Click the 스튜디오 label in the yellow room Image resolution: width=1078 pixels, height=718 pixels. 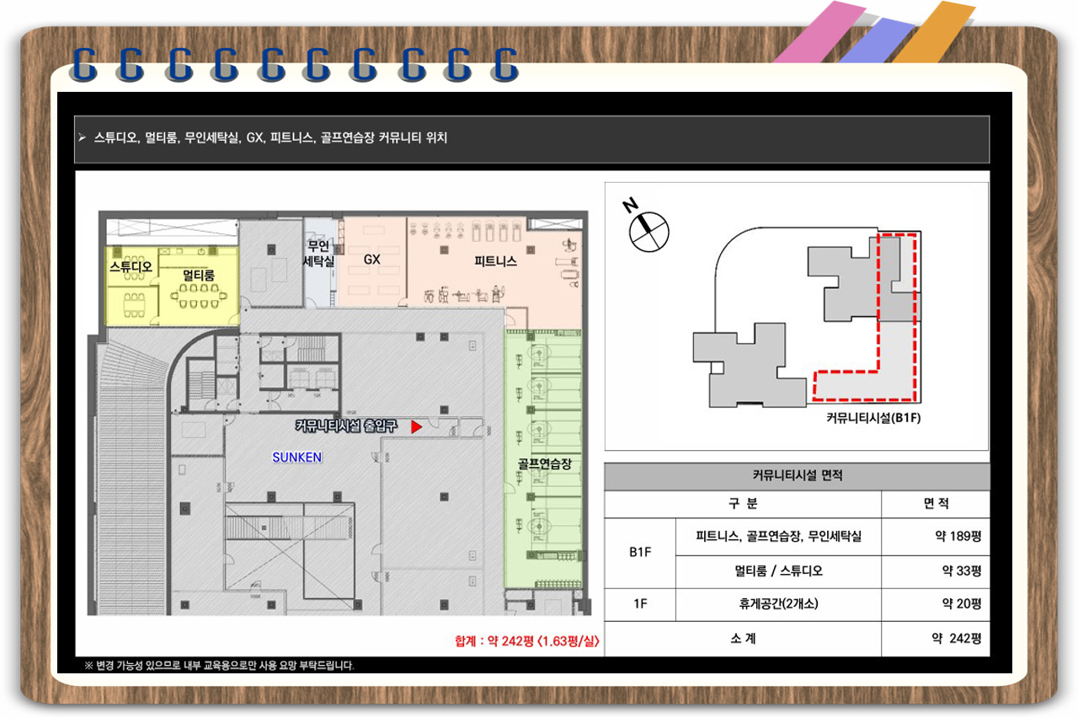point(131,266)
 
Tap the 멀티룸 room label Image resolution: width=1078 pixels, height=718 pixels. point(198,275)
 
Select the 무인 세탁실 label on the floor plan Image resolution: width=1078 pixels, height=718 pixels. point(318,254)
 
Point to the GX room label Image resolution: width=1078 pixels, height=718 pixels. point(372,260)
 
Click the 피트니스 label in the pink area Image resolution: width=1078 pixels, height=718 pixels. point(495,261)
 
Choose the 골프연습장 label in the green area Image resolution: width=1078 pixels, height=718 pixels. point(544,463)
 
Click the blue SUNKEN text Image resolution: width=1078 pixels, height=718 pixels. point(297,457)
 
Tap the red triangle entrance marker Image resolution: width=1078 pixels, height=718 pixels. point(416,426)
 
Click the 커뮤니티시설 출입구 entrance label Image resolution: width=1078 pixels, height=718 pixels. point(346,426)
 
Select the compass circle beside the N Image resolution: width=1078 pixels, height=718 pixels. point(648,232)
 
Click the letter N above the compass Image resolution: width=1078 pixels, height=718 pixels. point(630,205)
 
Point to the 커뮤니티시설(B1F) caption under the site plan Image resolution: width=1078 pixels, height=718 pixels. point(873,417)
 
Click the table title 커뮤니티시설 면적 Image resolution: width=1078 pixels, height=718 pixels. point(798,476)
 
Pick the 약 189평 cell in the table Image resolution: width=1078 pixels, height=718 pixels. point(958,536)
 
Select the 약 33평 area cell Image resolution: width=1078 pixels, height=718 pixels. point(961,571)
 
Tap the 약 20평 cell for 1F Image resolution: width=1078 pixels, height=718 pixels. point(961,603)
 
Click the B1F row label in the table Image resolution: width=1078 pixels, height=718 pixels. point(640,552)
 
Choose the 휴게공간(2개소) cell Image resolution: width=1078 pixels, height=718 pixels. point(779,603)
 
